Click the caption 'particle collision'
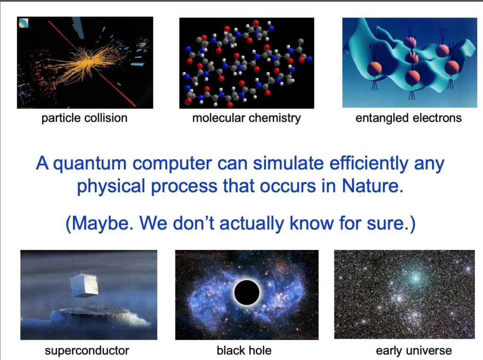pyautogui.click(x=84, y=118)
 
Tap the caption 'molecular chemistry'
pyautogui.click(x=246, y=118)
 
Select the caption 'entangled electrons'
pyautogui.click(x=408, y=118)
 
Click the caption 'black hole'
pyautogui.click(x=244, y=351)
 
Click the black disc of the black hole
pyautogui.click(x=247, y=292)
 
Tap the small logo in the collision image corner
pyautogui.click(x=23, y=23)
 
